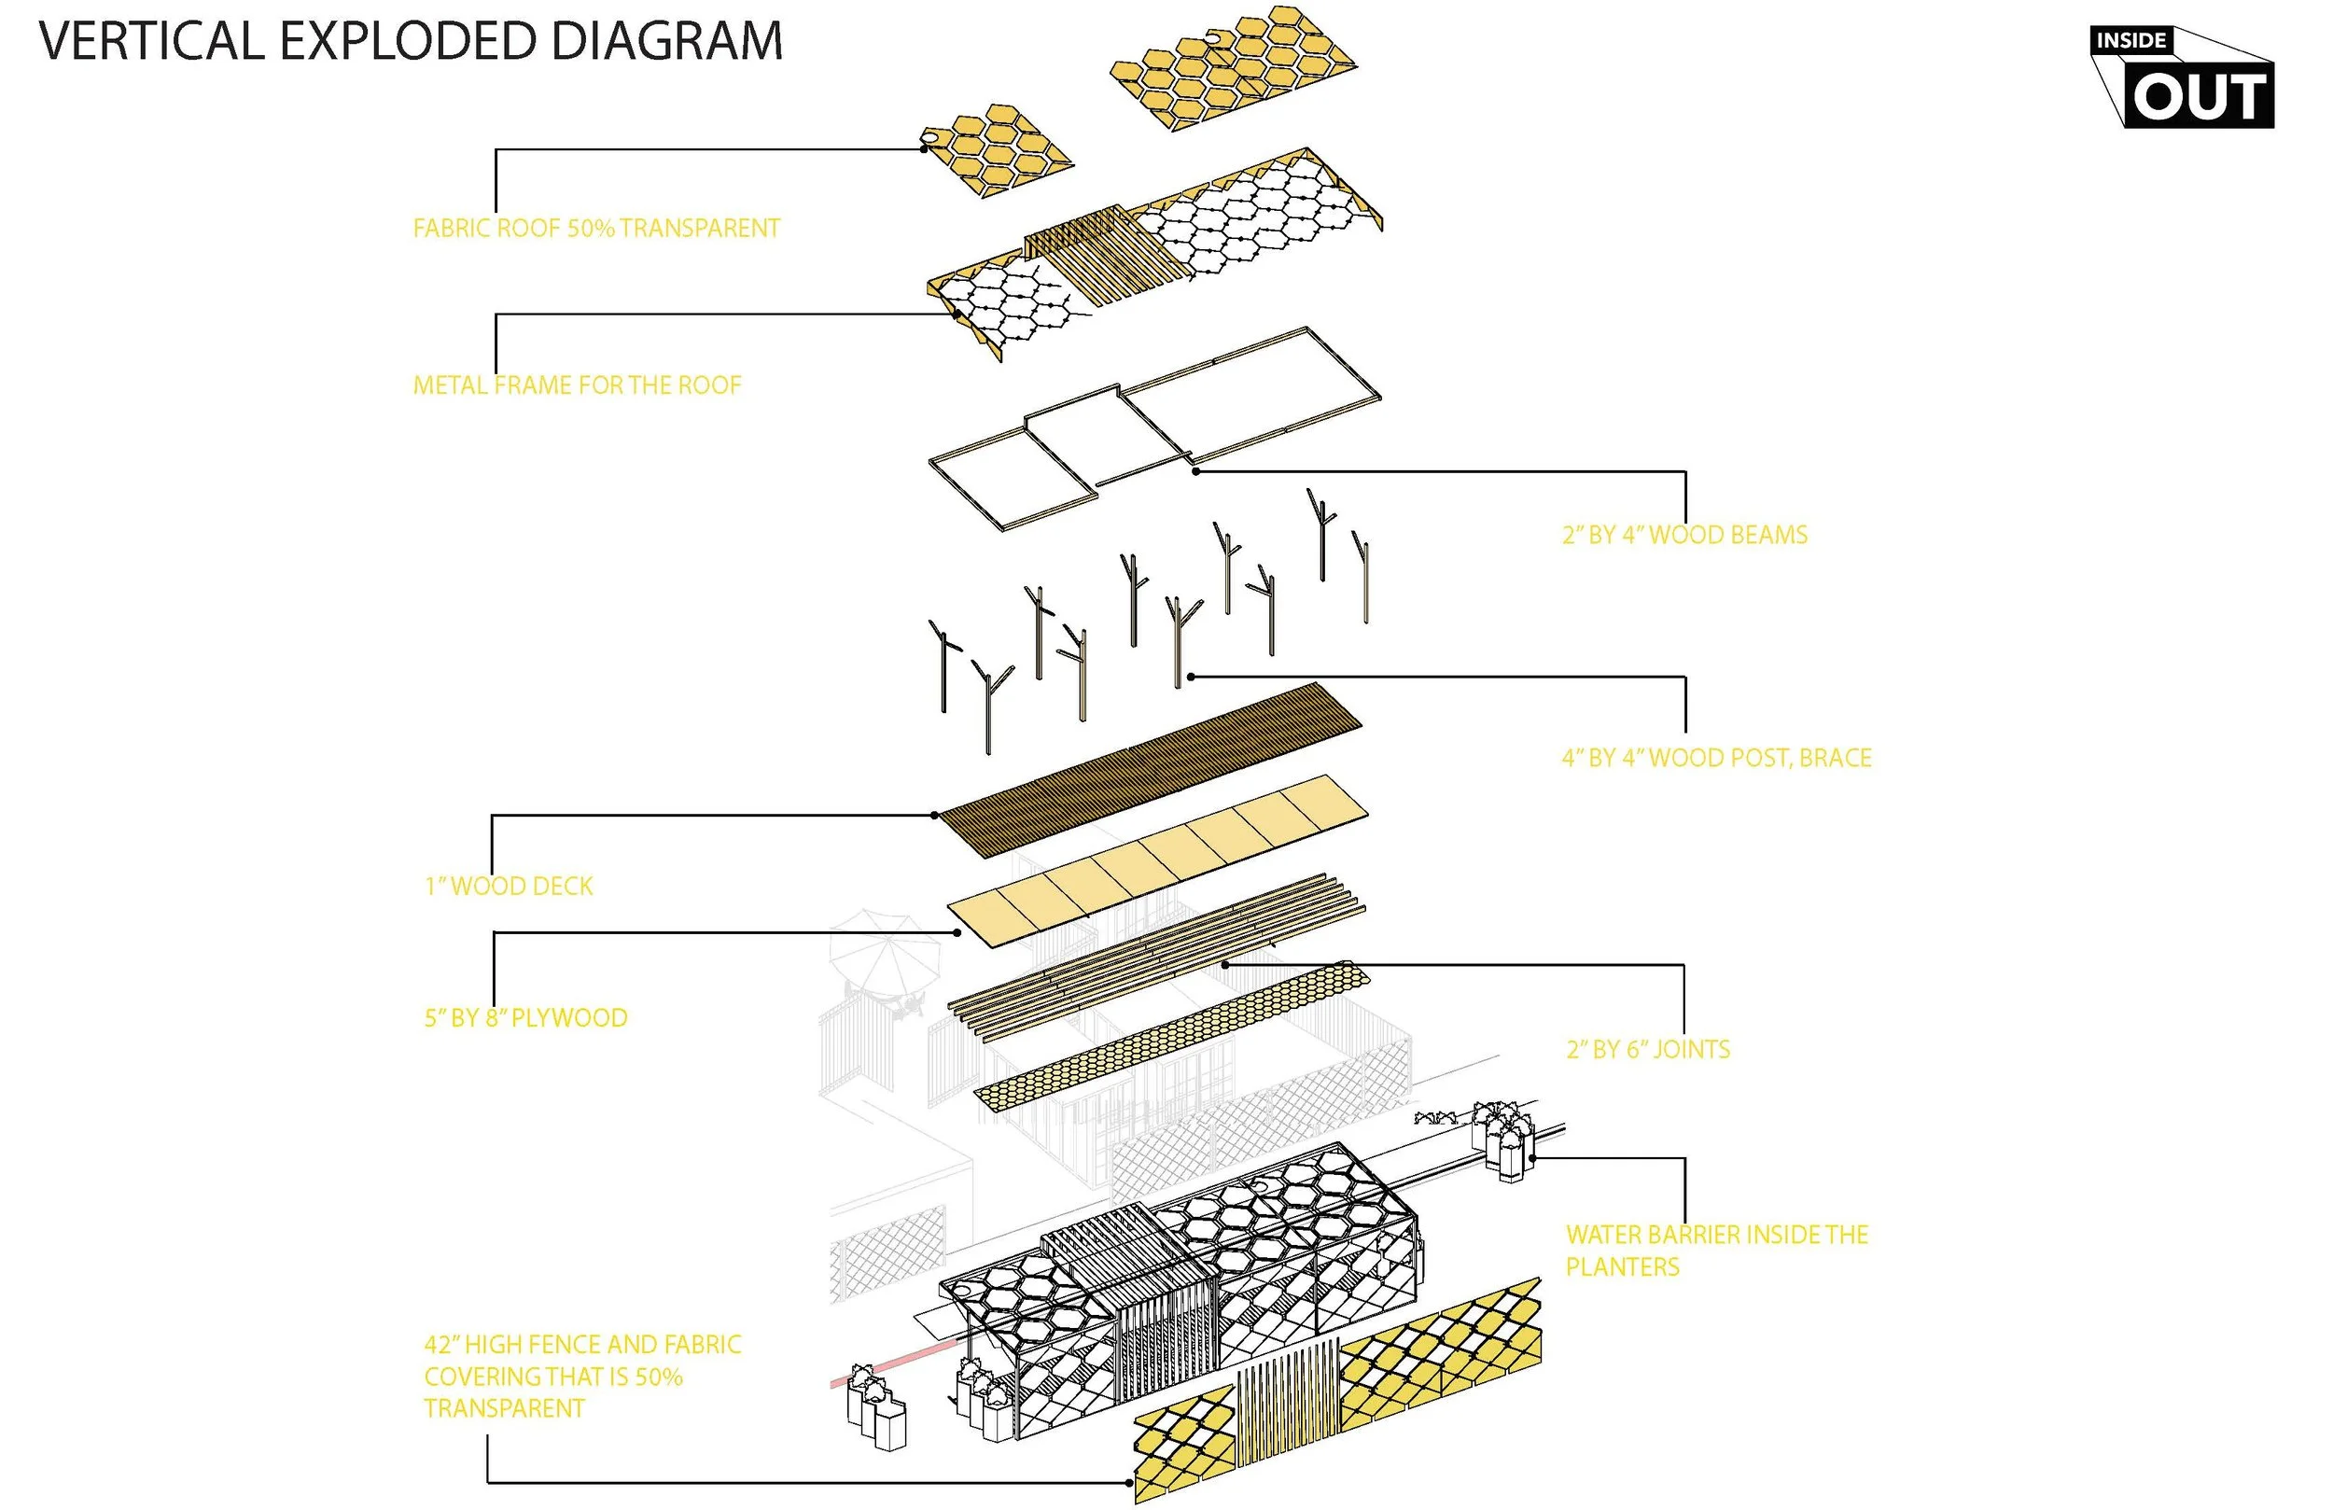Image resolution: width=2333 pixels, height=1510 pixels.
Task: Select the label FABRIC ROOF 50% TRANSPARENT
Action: pyautogui.click(x=596, y=229)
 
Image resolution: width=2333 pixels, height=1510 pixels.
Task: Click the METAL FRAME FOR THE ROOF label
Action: pyautogui.click(x=577, y=385)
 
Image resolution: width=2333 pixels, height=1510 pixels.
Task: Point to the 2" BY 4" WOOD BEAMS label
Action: pyautogui.click(x=1684, y=536)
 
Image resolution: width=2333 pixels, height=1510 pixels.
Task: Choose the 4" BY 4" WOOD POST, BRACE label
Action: pyautogui.click(x=1715, y=758)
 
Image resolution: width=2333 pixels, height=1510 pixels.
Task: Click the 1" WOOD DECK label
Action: pyautogui.click(x=509, y=887)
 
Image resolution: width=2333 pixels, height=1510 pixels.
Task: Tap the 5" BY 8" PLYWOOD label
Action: pyautogui.click(x=525, y=1018)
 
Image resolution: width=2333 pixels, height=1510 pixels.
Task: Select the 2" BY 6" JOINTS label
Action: pyautogui.click(x=1648, y=1049)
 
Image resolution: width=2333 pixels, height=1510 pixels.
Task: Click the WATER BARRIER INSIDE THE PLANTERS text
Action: pyautogui.click(x=1716, y=1251)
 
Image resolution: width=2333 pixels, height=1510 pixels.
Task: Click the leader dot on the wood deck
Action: pyautogui.click(x=934, y=815)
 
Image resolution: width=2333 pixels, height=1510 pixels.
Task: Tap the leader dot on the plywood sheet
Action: pyautogui.click(x=957, y=932)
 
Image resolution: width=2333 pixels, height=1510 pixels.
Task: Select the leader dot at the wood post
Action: pyautogui.click(x=1190, y=677)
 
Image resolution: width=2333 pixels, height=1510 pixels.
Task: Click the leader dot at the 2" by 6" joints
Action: pyautogui.click(x=1225, y=965)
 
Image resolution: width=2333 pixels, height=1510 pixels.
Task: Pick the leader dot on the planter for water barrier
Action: pyautogui.click(x=1533, y=1158)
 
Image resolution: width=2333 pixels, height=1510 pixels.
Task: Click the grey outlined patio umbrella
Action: pyautogui.click(x=886, y=951)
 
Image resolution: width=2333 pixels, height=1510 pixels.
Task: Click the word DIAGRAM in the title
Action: pyautogui.click(x=665, y=42)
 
